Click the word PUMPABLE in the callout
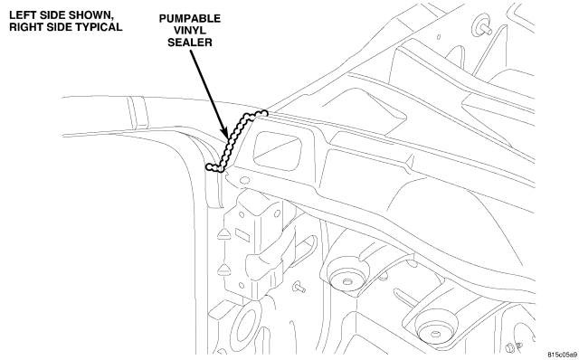190,18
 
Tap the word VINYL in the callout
190,30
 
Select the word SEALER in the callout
190,43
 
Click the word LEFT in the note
22,15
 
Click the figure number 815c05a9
562,355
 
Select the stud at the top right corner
481,25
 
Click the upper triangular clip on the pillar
223,234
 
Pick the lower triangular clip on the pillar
223,270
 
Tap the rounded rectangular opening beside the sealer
277,151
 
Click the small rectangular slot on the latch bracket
242,234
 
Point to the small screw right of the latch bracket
299,287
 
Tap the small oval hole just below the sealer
244,181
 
